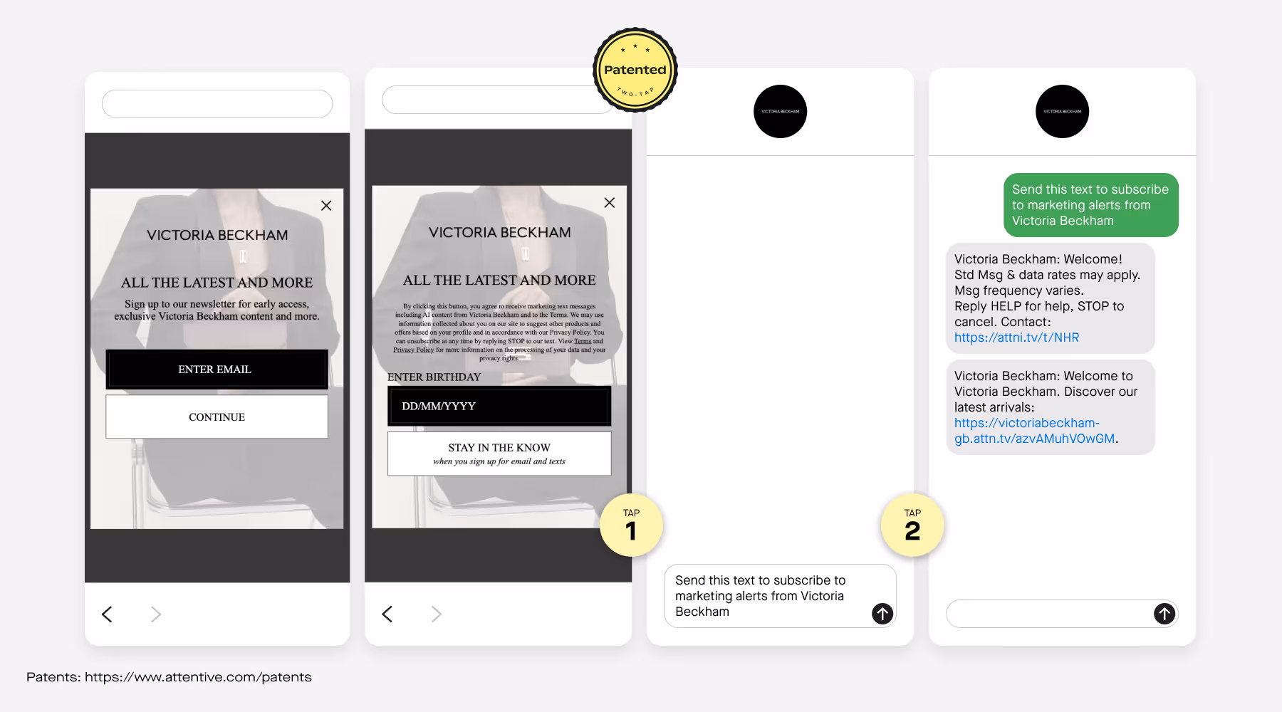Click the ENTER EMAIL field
tap(217, 370)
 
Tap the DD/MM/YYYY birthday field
tap(499, 407)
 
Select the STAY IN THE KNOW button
tap(499, 454)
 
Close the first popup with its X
tap(326, 206)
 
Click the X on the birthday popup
tap(609, 203)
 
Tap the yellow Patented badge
tap(635, 70)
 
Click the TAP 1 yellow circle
tap(631, 525)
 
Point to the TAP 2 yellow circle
tap(912, 525)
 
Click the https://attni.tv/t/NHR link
tap(1016, 337)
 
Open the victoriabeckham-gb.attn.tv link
tap(1034, 431)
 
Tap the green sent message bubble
tap(1090, 205)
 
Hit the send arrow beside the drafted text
tap(882, 613)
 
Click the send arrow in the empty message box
tap(1164, 613)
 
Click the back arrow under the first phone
tap(108, 614)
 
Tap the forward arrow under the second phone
tap(436, 614)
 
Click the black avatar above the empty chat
tap(780, 112)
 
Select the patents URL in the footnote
tap(198, 677)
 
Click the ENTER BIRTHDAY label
tap(434, 377)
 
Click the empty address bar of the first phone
tap(217, 104)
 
